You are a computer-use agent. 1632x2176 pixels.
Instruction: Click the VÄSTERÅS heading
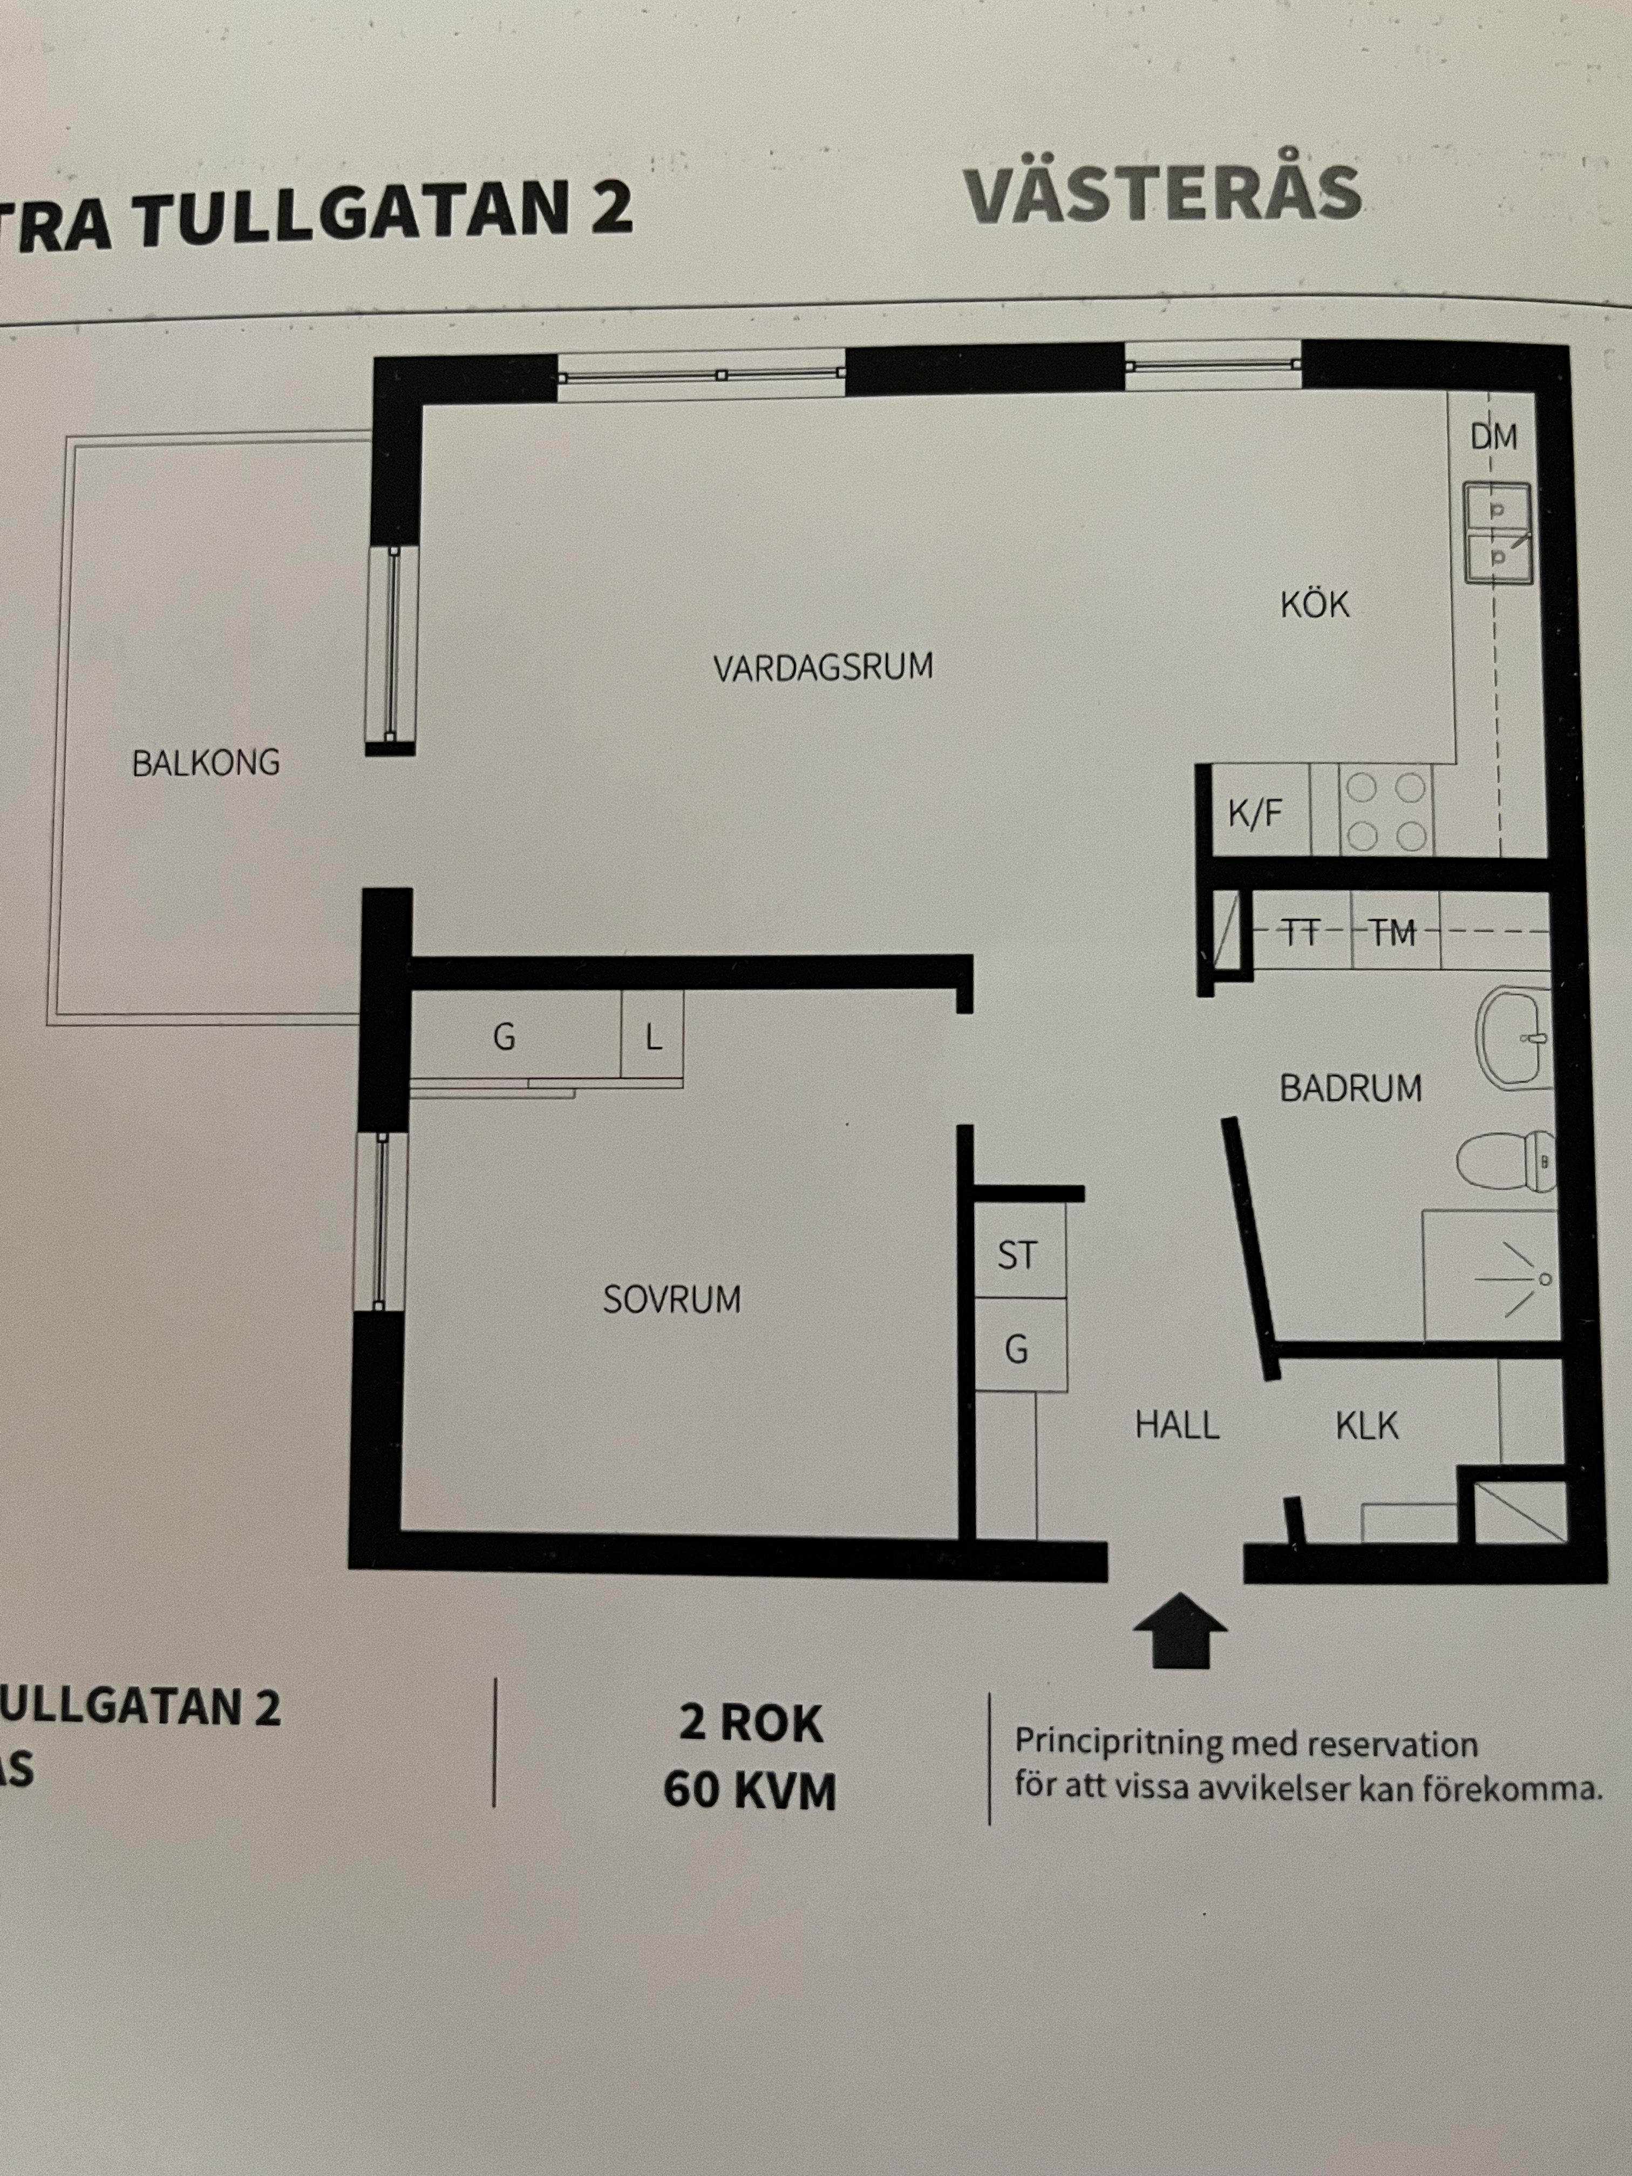coord(1163,195)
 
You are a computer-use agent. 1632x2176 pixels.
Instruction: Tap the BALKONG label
coord(206,763)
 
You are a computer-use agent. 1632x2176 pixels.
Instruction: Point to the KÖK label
coord(1314,604)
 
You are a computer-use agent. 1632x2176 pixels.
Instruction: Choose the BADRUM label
coord(1350,1088)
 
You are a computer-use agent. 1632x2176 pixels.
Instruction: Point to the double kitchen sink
coord(1497,533)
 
